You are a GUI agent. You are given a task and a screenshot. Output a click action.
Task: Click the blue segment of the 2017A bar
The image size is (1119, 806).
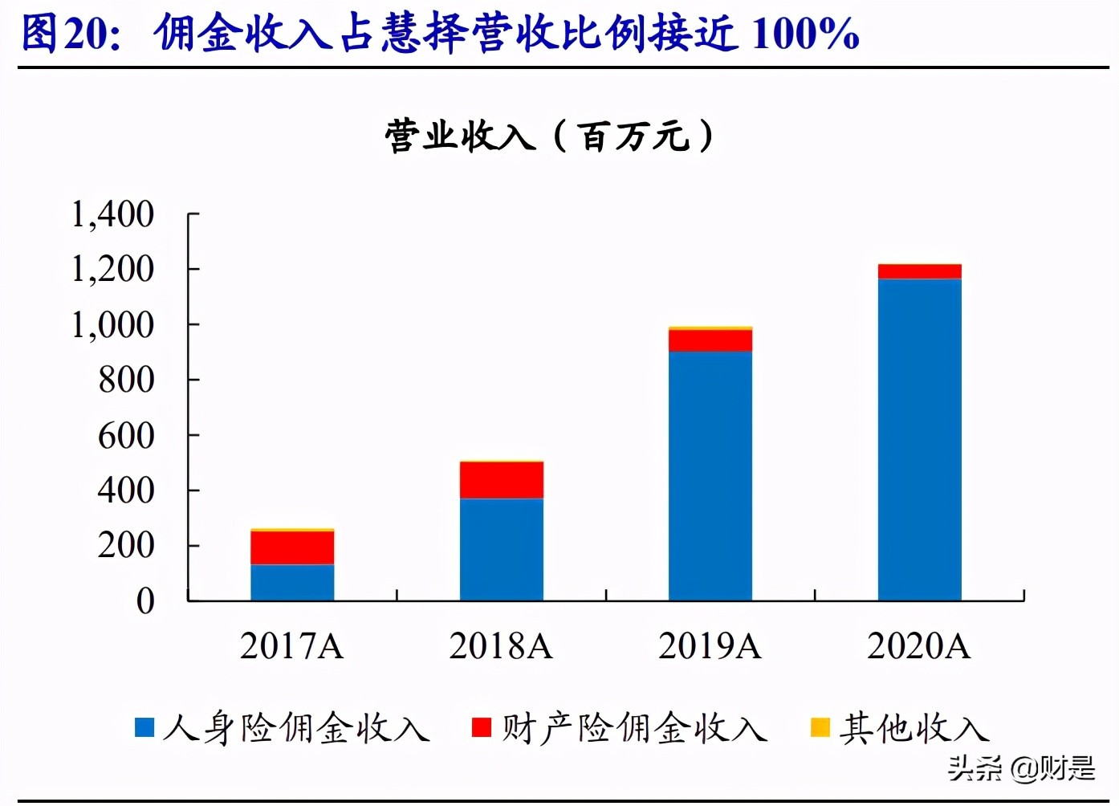point(292,582)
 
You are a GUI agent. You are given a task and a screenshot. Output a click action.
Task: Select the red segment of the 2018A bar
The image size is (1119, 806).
point(501,480)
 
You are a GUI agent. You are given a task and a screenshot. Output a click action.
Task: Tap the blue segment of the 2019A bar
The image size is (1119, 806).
point(710,475)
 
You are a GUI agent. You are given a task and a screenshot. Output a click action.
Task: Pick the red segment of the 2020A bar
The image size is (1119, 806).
point(919,271)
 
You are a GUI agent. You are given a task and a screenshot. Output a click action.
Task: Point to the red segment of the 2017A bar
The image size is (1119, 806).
point(292,548)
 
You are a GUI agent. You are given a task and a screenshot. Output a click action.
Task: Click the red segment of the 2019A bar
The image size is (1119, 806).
point(710,340)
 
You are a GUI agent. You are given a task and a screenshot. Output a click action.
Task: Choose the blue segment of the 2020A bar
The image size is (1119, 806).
point(919,439)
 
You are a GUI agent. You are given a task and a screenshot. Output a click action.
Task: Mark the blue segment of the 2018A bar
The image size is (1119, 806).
point(501,549)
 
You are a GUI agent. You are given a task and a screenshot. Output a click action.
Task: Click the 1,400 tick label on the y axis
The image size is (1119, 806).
point(112,214)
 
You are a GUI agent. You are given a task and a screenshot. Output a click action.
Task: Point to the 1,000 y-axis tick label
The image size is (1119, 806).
point(112,325)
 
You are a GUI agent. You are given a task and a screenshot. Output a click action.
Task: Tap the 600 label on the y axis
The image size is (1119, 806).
point(125,436)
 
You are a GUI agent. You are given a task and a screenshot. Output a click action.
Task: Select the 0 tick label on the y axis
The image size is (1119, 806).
point(145,601)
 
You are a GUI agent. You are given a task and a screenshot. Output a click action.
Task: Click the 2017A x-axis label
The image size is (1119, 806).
point(292,646)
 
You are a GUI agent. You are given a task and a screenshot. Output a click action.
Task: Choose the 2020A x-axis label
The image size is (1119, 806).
point(919,646)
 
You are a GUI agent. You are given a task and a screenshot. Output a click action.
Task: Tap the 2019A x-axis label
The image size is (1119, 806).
point(710,646)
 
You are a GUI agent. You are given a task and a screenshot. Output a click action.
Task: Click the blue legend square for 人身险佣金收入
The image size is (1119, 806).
point(144,727)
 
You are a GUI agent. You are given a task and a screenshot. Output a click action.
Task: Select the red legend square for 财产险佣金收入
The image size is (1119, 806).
point(482,727)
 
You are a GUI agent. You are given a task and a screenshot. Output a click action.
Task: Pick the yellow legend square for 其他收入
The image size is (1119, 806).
point(820,727)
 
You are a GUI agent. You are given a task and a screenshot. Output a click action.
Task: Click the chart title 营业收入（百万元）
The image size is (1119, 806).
point(549,136)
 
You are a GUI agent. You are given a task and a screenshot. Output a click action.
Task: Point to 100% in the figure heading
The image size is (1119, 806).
point(806,34)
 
